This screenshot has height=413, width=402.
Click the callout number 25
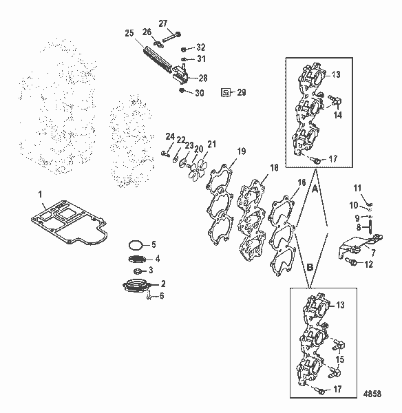(x=129, y=34)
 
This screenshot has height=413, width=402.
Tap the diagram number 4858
(x=372, y=394)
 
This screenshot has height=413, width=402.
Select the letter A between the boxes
(x=315, y=189)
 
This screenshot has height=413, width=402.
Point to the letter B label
(x=310, y=267)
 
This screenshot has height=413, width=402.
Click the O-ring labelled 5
(x=136, y=245)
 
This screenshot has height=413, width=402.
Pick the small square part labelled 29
(x=226, y=92)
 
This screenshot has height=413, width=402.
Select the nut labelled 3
(x=137, y=271)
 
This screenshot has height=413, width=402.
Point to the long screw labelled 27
(x=172, y=37)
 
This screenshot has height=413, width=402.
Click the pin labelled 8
(x=370, y=227)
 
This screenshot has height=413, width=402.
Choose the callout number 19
(x=242, y=151)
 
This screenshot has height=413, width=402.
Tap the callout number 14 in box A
(x=337, y=115)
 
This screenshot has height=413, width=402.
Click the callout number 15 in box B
(x=340, y=359)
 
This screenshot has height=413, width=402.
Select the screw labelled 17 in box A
(x=315, y=160)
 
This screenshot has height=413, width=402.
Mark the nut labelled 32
(x=184, y=50)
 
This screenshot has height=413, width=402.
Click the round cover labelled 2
(x=136, y=286)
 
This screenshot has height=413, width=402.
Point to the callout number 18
(x=274, y=168)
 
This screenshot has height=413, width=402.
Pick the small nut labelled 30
(x=182, y=91)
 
